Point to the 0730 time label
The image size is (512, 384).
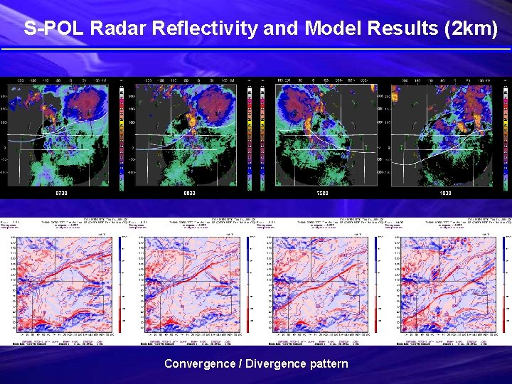[x=63, y=193]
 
